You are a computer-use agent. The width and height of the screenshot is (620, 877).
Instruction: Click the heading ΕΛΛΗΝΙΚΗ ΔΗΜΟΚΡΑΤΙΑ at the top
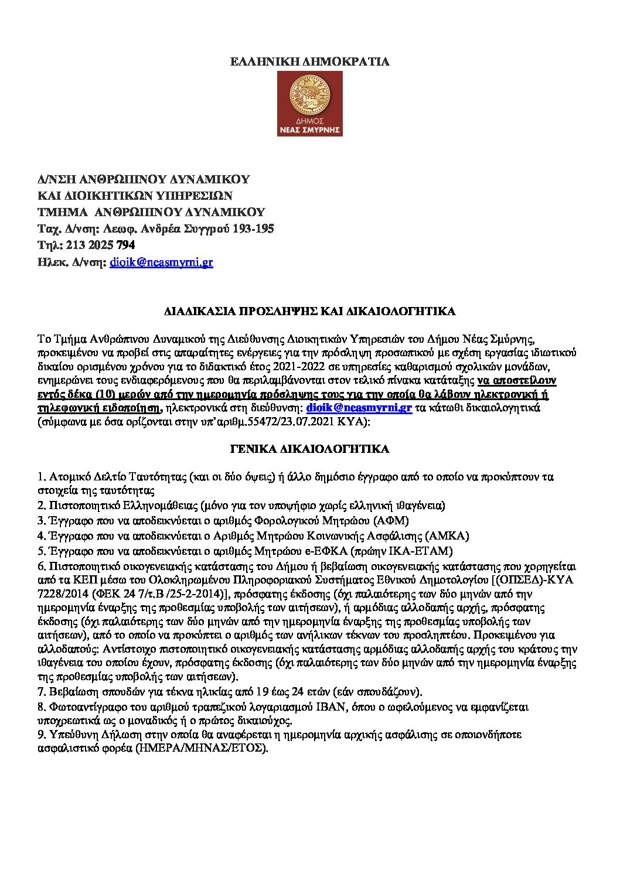point(309,62)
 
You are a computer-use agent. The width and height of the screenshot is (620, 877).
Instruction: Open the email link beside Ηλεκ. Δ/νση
point(161,262)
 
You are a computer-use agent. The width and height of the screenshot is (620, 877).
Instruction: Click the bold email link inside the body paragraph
point(359,408)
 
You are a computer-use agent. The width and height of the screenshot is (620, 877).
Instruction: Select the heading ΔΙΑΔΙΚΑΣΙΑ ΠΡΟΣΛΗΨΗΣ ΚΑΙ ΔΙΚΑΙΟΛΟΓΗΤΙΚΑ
point(309,311)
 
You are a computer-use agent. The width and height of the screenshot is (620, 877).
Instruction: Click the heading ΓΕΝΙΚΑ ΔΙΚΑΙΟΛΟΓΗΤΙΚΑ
point(309,449)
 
